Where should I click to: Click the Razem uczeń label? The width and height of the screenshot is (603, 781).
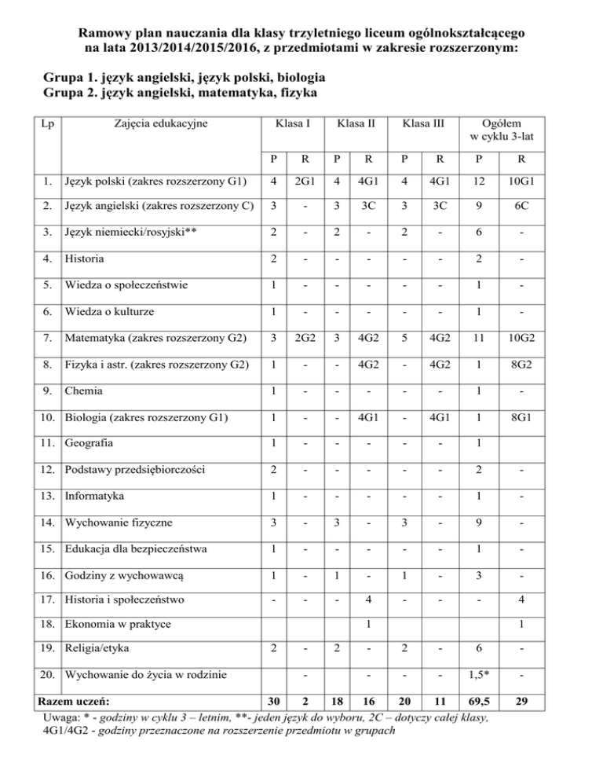(x=76, y=701)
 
